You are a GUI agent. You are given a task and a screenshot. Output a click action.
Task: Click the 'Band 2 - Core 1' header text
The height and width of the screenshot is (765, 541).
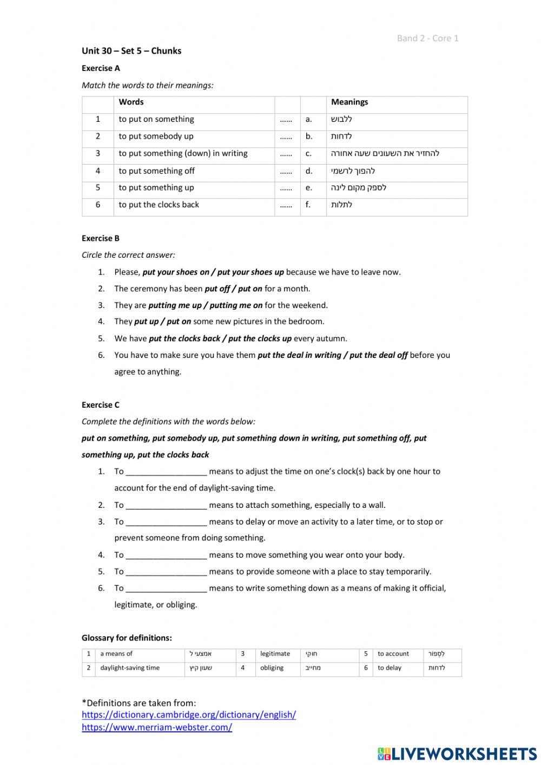click(427, 38)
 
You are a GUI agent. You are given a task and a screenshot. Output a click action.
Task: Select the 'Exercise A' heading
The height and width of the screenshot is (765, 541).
click(101, 68)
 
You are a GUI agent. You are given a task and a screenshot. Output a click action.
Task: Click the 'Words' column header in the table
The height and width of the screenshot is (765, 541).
click(131, 102)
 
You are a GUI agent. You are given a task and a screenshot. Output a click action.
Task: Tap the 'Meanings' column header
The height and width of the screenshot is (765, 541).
click(349, 102)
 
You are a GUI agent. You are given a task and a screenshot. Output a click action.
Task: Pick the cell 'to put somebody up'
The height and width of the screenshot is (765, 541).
click(156, 136)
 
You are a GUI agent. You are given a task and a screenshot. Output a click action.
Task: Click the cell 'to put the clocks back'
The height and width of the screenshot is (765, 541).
click(159, 205)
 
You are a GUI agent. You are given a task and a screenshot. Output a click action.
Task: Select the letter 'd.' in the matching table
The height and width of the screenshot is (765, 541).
click(309, 171)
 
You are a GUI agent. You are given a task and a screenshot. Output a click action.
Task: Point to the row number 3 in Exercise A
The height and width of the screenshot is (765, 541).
click(98, 153)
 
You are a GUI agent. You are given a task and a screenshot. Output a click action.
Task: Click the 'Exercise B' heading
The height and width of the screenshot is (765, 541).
click(101, 238)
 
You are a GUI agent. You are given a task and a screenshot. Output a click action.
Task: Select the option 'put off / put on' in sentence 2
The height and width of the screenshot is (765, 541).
click(233, 289)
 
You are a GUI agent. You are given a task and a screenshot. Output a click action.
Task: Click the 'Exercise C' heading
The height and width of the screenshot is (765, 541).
click(101, 405)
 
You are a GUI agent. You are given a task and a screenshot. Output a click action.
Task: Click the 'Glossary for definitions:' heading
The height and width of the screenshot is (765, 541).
click(127, 638)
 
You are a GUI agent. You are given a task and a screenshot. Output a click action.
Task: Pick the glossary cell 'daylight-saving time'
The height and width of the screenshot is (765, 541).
click(130, 668)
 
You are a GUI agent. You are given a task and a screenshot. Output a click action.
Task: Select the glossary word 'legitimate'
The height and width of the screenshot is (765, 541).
click(275, 653)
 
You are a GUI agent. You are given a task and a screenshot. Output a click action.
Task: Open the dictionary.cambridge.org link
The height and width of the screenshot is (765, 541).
click(189, 715)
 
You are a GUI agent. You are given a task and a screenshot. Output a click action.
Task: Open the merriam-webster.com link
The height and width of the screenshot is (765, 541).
click(157, 727)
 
